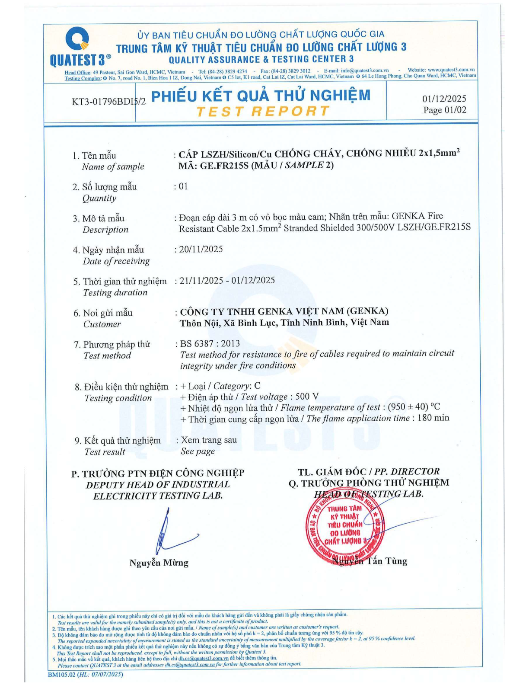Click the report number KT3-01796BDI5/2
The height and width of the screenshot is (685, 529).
tap(108, 102)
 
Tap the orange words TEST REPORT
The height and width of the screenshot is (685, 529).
tap(262, 112)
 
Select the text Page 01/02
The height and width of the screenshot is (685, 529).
tap(445, 110)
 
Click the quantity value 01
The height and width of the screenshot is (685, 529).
tap(183, 186)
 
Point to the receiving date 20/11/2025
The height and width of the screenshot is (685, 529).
tap(201, 249)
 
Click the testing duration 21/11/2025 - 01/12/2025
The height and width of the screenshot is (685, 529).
tap(227, 280)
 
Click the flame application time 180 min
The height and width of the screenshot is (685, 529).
tap(433, 418)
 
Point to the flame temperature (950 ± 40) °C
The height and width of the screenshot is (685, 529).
tap(414, 407)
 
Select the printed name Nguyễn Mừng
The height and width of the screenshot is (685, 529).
tap(159, 563)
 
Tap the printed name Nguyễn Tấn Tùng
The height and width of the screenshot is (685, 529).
tap(370, 561)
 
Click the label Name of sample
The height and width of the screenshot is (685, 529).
tap(113, 167)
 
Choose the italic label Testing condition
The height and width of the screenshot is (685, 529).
tap(118, 398)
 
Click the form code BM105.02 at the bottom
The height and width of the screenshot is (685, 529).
tap(61, 674)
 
